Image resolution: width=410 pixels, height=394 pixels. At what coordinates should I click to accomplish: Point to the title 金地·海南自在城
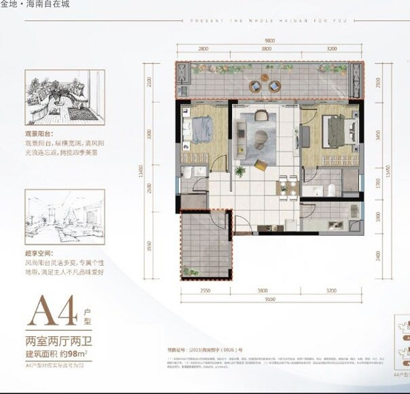pos(35,4)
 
